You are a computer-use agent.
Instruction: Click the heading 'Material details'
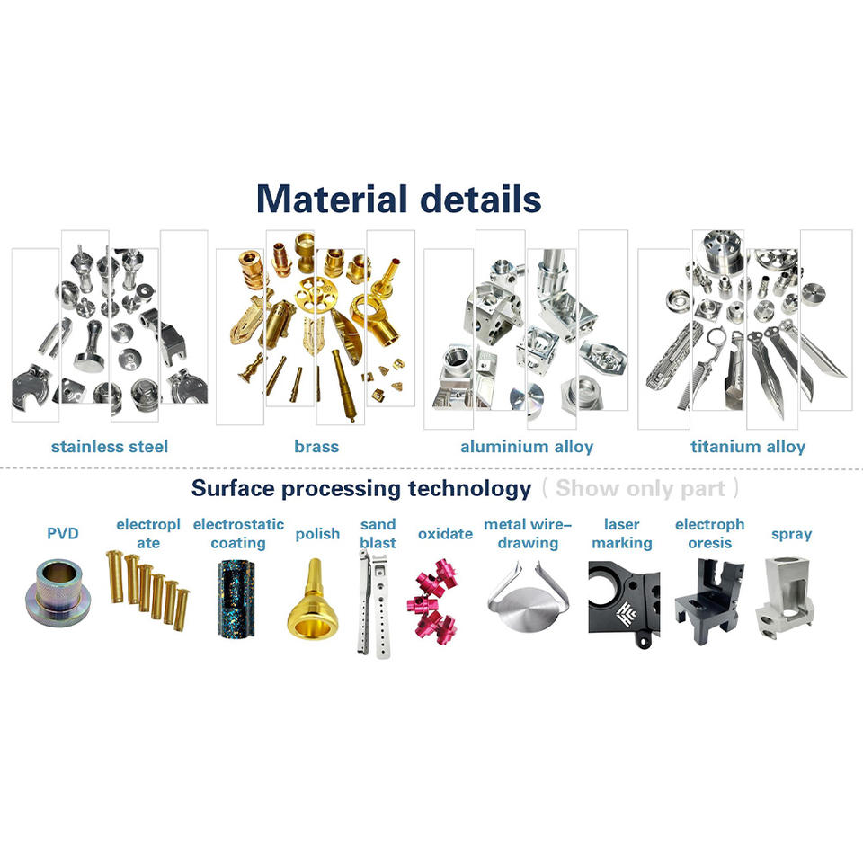tap(398, 199)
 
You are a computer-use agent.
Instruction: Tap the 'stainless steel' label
tap(110, 446)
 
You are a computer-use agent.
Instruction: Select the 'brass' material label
tap(316, 446)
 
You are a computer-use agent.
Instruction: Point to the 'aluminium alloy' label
tap(527, 446)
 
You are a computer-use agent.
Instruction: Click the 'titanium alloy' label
tap(748, 446)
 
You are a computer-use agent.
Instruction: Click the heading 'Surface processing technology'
tap(360, 488)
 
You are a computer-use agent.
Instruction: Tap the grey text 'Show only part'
tap(640, 488)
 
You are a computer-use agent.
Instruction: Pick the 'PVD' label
tap(63, 534)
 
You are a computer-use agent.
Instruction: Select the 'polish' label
tap(318, 534)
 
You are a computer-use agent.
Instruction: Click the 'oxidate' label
tap(445, 534)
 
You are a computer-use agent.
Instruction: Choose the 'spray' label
tap(791, 534)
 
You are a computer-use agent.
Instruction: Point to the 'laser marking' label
tap(622, 533)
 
